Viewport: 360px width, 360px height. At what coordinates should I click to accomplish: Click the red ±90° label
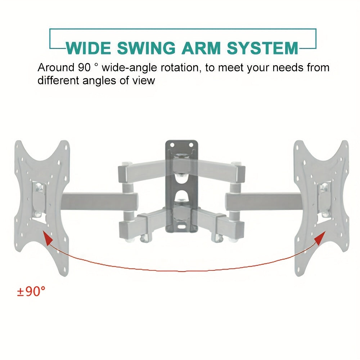point(31,292)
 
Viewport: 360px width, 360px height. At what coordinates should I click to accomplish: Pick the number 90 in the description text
point(84,68)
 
